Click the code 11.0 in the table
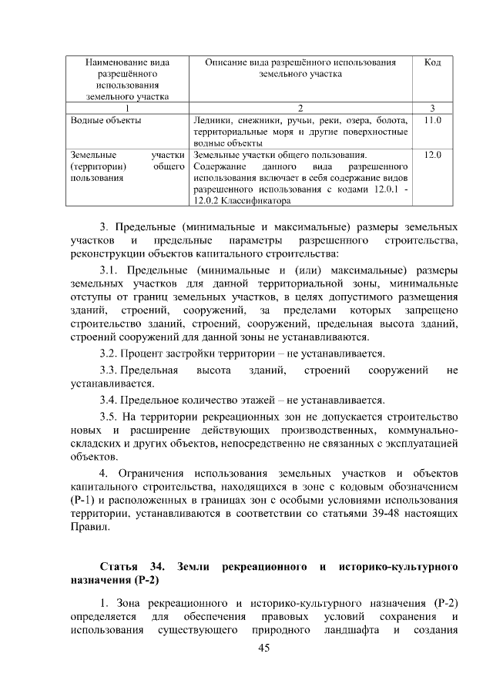click(432, 121)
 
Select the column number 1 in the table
click(128, 108)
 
